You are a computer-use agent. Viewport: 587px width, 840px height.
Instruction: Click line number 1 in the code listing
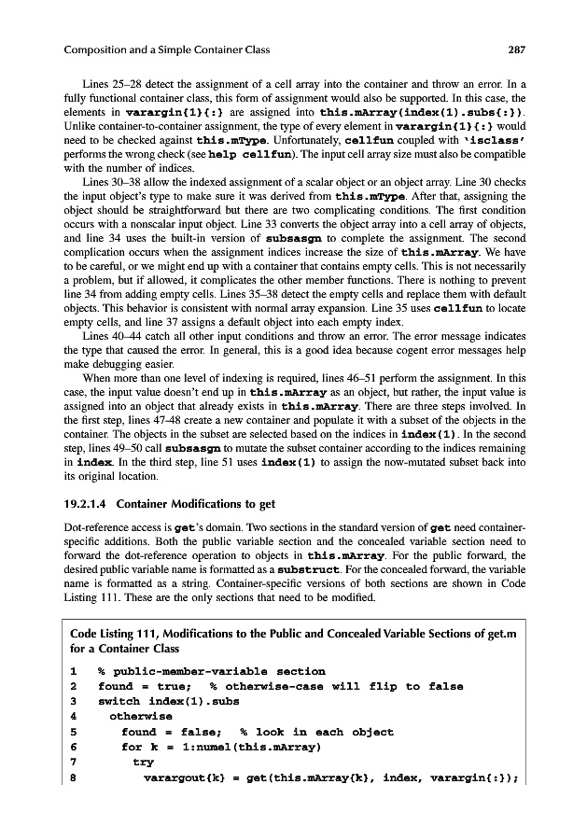pyautogui.click(x=73, y=671)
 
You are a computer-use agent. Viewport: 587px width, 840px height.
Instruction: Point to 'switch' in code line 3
pyautogui.click(x=119, y=702)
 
